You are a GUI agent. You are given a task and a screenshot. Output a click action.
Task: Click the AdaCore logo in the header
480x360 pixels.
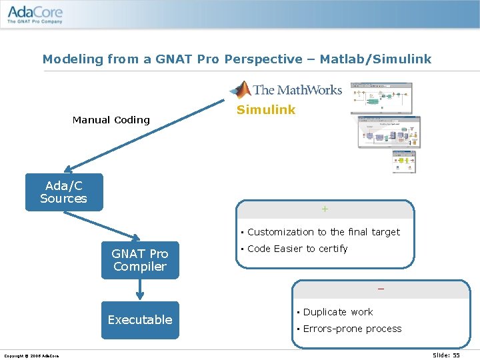pos(35,15)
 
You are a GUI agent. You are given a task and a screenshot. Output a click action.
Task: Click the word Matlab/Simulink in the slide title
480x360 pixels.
pos(375,59)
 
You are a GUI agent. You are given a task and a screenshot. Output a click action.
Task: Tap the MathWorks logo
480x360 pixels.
pos(286,89)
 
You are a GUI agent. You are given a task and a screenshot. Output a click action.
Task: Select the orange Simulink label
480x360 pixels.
pos(266,110)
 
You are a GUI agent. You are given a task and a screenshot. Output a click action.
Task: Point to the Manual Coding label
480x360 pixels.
pos(111,120)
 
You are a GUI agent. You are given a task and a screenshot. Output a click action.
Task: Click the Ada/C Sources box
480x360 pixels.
pos(64,192)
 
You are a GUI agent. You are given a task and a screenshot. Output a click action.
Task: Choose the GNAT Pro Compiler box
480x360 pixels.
pos(140,260)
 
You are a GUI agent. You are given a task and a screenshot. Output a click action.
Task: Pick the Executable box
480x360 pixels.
pos(140,320)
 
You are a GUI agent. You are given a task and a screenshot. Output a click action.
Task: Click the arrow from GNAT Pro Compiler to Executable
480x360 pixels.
pos(140,289)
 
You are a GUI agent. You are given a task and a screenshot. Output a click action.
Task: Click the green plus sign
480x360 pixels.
pos(325,209)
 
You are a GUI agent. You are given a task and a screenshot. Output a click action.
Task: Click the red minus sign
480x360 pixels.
pos(381,289)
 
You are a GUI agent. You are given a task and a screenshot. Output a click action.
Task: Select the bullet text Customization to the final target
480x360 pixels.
pos(323,232)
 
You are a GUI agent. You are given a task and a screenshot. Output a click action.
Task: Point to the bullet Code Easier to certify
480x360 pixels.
pos(297,249)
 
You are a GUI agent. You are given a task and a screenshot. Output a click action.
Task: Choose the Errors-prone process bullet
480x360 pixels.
pos(352,329)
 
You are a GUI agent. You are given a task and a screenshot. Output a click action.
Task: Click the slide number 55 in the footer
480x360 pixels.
pos(447,355)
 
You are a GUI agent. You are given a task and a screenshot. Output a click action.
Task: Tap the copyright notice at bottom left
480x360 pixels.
pos(31,355)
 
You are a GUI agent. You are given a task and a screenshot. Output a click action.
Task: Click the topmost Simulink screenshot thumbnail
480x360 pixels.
pos(381,98)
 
